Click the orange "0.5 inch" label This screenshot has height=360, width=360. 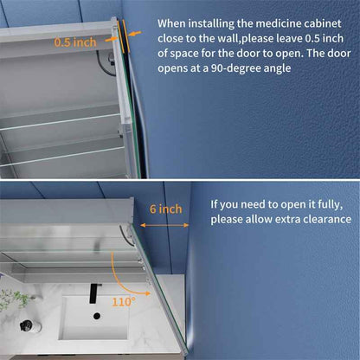(75, 42)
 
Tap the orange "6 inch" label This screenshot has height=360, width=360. (166, 209)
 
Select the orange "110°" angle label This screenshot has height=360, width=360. (124, 302)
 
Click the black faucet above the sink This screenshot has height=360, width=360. (95, 293)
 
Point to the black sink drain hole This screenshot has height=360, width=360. (97, 316)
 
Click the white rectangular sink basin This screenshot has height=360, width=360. (93, 318)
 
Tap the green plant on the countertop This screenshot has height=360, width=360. (14, 299)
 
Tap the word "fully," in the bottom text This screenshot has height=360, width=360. (331, 204)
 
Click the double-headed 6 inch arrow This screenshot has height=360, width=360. (164, 225)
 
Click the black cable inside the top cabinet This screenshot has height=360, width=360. (106, 62)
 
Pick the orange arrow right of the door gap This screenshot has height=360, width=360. (134, 34)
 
